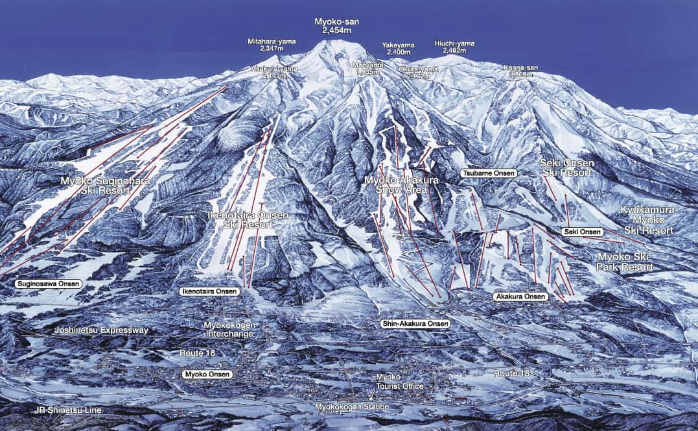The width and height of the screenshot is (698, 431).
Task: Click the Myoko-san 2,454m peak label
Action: point(336,26)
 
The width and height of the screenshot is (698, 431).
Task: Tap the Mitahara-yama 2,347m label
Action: point(272,45)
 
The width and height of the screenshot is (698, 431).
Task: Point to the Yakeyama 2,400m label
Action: point(399,47)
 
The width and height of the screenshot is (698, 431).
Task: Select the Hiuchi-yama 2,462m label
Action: point(454,47)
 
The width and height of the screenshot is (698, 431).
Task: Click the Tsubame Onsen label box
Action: point(489,173)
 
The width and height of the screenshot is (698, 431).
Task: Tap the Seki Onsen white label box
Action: point(582,232)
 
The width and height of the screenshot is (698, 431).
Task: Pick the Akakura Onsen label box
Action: point(520,297)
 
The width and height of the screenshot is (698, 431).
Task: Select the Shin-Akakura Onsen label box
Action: point(415,323)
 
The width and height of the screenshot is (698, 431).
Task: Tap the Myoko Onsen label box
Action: point(207,375)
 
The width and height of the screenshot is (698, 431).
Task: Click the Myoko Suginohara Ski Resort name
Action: point(105,186)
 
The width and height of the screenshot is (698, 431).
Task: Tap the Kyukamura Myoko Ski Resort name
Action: point(647,220)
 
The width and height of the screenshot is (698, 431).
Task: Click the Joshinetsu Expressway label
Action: point(101,330)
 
